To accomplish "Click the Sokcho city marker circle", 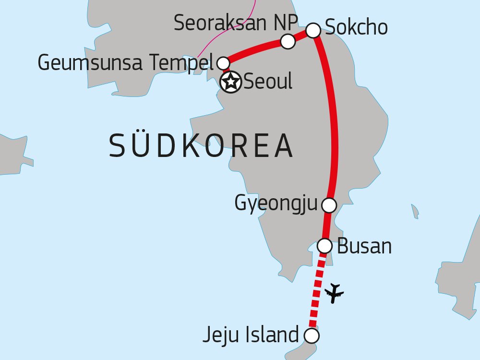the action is point(313,30).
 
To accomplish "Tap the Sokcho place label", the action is point(356,27).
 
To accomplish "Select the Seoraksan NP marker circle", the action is point(288,42).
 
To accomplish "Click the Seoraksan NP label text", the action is point(236,23).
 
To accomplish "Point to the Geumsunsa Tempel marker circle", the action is point(223,63).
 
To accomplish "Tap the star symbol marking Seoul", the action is point(231,83).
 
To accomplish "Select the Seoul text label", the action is point(268,83).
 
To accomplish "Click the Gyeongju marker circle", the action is point(329,205).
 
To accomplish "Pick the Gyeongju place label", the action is point(276,204).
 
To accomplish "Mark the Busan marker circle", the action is point(325,246).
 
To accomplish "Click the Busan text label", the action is point(364,246).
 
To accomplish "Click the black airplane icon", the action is point(335,293).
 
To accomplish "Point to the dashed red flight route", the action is point(317,293).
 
